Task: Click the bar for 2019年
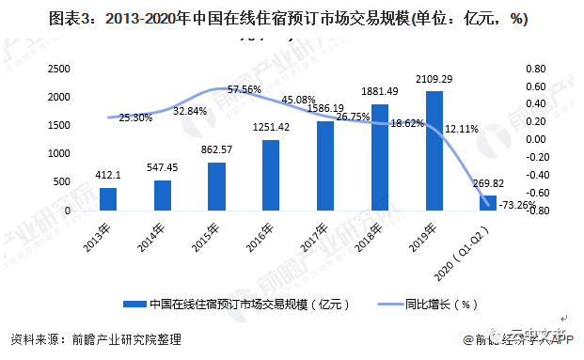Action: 434,150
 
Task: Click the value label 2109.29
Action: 434,80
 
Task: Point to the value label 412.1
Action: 108,178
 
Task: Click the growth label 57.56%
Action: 244,89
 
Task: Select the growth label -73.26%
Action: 517,205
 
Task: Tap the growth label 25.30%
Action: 136,118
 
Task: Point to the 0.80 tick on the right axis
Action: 535,69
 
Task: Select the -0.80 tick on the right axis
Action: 534,211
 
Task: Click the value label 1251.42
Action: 272,128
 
